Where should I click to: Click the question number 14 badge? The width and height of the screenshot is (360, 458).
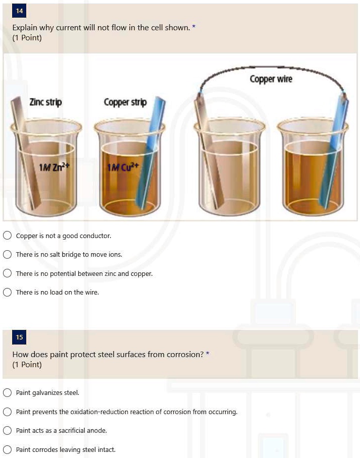pos(19,11)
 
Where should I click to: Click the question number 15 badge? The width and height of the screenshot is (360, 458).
pos(19,337)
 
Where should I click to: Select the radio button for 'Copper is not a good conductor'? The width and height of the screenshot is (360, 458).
pos(7,236)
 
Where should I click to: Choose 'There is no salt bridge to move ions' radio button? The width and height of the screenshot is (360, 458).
pos(7,254)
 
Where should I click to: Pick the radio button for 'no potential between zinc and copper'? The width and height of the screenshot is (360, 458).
pos(7,273)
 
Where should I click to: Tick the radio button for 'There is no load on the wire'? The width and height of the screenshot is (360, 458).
pos(7,292)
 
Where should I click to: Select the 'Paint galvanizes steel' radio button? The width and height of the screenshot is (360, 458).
pos(7,392)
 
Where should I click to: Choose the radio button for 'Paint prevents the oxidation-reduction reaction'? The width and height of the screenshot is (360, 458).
pos(7,412)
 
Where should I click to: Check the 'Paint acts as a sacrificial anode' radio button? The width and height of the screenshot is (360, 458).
pos(7,430)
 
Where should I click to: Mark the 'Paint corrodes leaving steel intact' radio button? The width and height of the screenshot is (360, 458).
pos(7,449)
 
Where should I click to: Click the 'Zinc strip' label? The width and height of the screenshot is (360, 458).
pos(45,102)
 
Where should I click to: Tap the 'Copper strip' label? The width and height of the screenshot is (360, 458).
pos(125,102)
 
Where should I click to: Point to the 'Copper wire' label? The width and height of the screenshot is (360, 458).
pos(271,79)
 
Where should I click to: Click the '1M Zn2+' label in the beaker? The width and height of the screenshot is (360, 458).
pos(54,167)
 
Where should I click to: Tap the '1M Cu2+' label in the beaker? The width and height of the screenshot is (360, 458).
pos(123,167)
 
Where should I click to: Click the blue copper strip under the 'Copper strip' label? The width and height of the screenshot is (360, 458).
pos(150,152)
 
